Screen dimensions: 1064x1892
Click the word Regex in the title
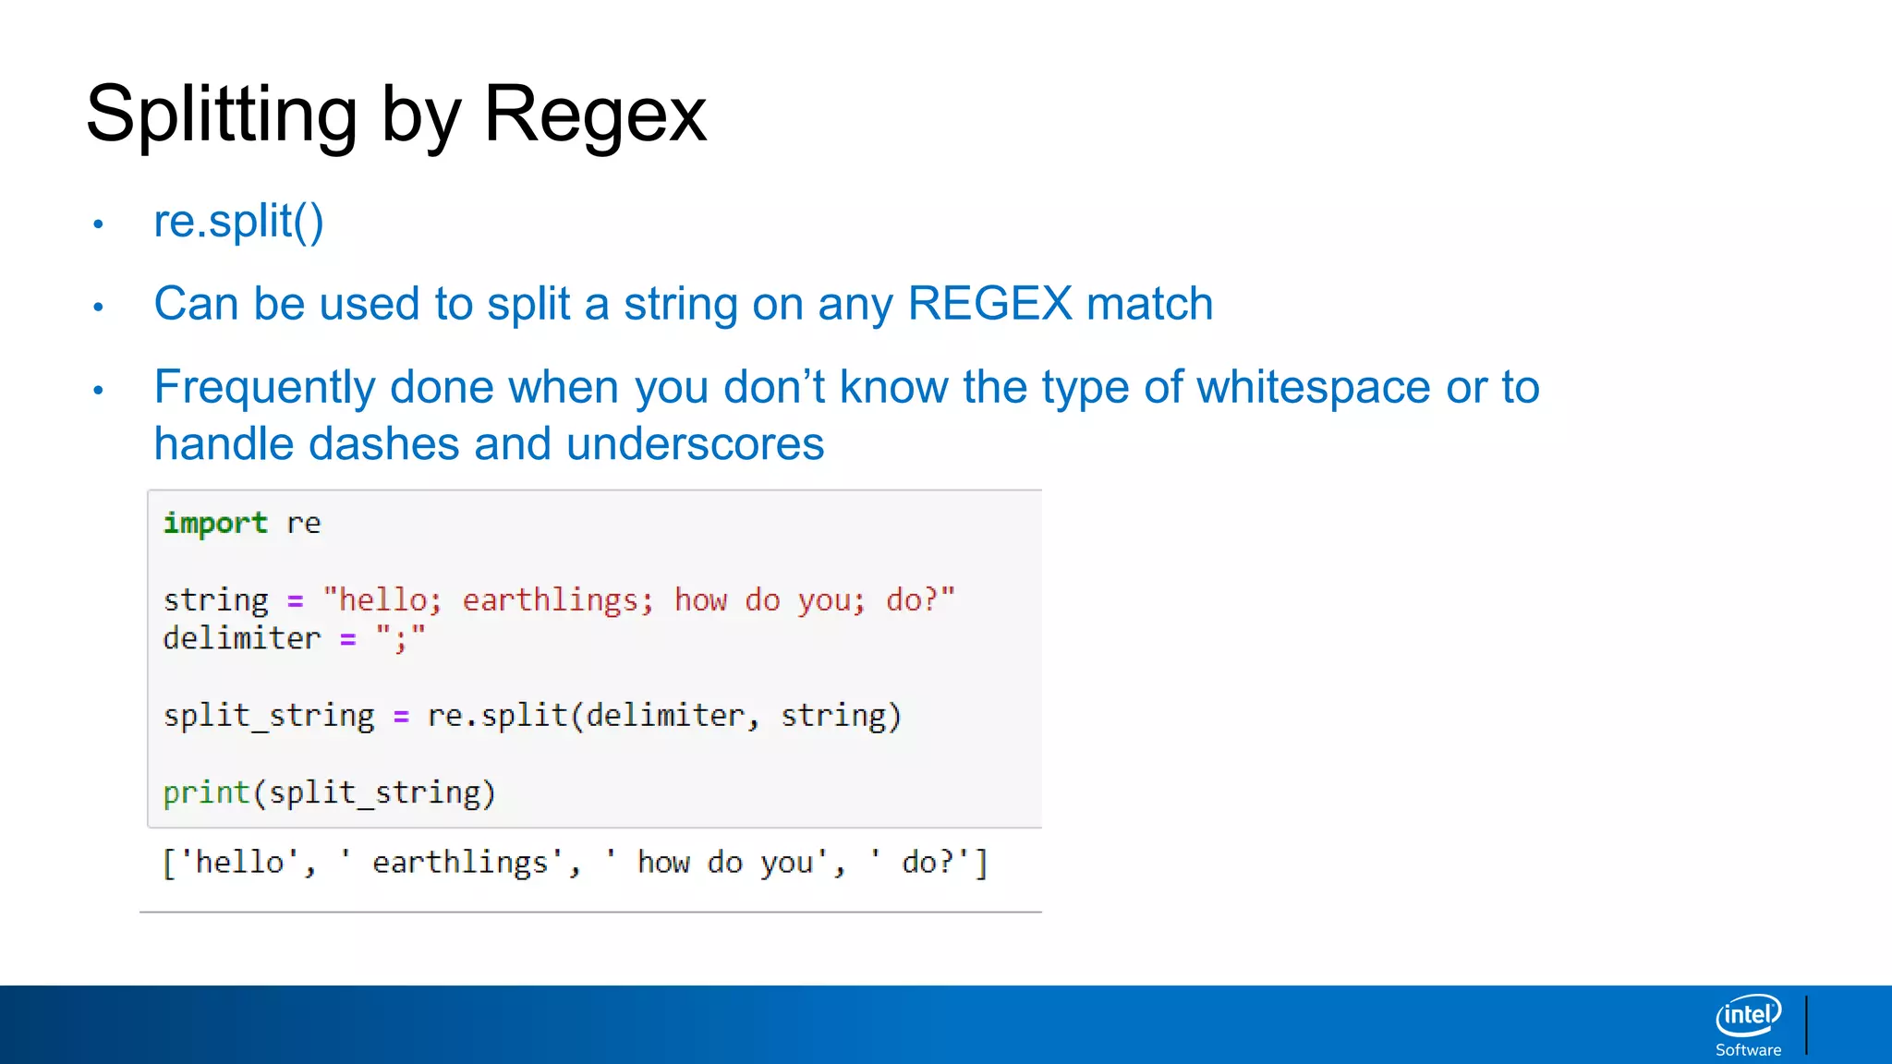click(x=594, y=115)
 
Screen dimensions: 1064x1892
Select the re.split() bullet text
click(x=238, y=222)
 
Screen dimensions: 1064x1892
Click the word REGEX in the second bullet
click(x=989, y=304)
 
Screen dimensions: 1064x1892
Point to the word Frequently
click(x=264, y=388)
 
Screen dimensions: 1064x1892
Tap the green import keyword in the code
click(x=215, y=523)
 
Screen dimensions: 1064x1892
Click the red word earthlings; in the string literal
click(x=557, y=600)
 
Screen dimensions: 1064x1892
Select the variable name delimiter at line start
click(x=242, y=638)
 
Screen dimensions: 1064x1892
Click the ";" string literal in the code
click(x=400, y=638)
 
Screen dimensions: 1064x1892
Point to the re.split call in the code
click(x=496, y=716)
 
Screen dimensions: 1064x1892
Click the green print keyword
click(x=206, y=792)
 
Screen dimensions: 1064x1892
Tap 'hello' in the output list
click(x=239, y=863)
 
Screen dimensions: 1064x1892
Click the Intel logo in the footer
click(x=1748, y=1015)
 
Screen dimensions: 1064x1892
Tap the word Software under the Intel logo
click(x=1748, y=1050)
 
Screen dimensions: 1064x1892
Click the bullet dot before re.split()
click(x=98, y=224)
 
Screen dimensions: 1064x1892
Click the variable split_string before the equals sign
click(x=268, y=716)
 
